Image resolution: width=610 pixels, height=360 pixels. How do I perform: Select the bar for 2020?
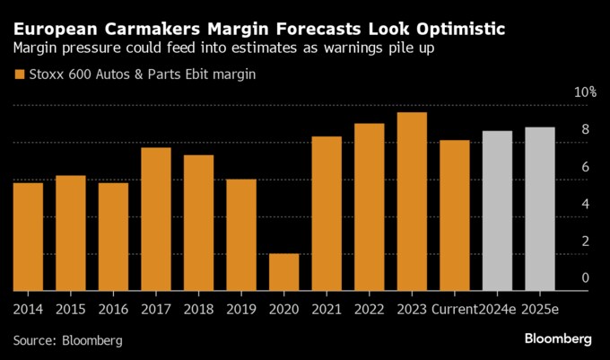click(284, 272)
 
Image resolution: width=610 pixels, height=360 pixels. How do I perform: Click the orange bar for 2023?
click(412, 202)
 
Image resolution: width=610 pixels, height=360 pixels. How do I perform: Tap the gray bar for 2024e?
click(497, 211)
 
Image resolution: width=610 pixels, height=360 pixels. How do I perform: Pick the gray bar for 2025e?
click(540, 209)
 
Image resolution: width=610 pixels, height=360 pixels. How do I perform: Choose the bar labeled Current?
click(455, 215)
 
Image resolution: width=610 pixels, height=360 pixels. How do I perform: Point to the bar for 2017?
click(156, 219)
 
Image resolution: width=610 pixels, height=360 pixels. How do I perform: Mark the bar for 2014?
click(28, 237)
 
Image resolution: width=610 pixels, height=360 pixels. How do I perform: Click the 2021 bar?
click(327, 214)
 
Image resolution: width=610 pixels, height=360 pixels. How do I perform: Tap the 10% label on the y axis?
click(586, 93)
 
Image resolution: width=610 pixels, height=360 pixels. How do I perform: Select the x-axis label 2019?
click(241, 311)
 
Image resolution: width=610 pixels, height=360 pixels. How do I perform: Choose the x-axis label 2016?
click(113, 311)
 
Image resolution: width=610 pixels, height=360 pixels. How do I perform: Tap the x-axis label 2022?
click(369, 311)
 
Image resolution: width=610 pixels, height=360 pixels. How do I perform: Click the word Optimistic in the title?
click(452, 29)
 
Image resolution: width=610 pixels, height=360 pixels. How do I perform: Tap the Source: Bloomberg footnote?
click(67, 341)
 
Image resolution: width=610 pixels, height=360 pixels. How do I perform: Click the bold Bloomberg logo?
click(557, 339)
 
